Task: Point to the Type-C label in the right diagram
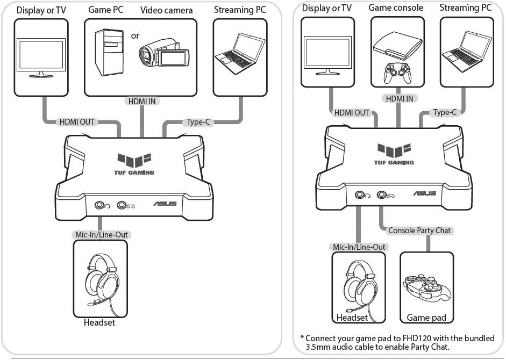445,112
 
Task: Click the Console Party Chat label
419,230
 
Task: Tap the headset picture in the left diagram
100,279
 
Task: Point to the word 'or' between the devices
135,36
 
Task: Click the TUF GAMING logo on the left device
136,164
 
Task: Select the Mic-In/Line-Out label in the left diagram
100,235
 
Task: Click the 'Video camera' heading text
166,10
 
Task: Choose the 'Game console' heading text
396,8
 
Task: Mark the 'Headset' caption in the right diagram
352,318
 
